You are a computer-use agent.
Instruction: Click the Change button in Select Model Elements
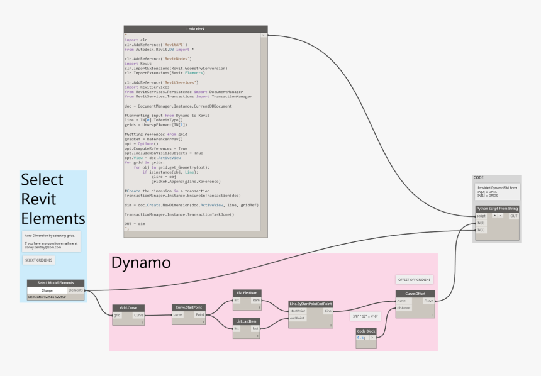(47, 290)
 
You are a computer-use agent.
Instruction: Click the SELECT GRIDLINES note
(39, 260)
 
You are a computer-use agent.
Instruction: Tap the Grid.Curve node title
(128, 307)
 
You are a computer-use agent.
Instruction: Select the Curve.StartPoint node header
(188, 307)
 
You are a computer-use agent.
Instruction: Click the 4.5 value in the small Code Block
(362, 337)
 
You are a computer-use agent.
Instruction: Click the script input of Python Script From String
(481, 216)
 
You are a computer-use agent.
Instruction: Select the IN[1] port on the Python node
(481, 229)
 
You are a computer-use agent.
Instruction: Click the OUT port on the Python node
(513, 216)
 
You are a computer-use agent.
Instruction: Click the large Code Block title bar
(196, 29)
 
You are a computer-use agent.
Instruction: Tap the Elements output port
(75, 290)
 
